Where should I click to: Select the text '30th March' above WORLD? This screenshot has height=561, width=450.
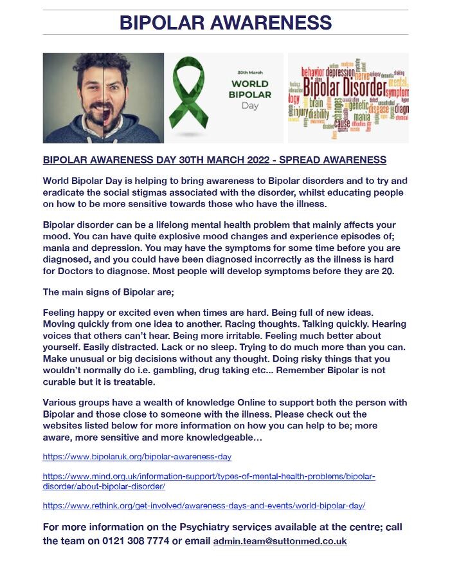(x=251, y=72)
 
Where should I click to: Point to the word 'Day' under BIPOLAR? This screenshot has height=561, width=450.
(x=250, y=106)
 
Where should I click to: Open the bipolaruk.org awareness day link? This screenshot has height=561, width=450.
(x=137, y=457)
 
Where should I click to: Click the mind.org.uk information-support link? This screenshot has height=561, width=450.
(x=209, y=477)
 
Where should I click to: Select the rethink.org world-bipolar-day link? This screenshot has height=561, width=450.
(x=204, y=506)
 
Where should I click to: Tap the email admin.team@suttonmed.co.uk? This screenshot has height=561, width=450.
(x=280, y=541)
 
